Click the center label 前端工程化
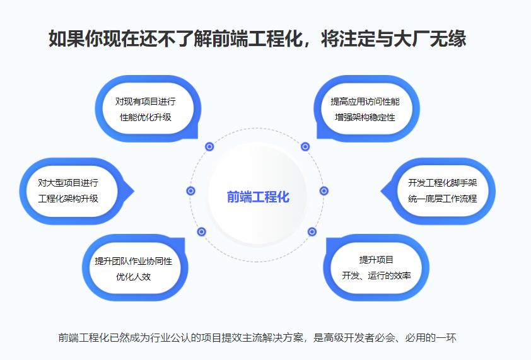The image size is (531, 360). point(258,197)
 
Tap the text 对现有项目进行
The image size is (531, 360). point(145,102)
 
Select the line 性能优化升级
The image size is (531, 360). point(146,117)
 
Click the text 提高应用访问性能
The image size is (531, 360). point(365,102)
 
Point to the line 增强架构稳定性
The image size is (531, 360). point(365,117)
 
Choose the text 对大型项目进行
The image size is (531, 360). point(68,183)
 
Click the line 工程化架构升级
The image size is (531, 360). point(68,199)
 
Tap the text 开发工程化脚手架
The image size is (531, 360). point(442,183)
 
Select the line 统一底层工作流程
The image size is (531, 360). point(442,199)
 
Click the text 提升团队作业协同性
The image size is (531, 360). point(134,261)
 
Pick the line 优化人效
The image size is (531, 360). point(134,277)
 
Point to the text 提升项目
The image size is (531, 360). point(376,260)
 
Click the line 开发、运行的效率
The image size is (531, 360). point(376,276)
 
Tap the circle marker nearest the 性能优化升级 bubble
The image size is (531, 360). point(209,147)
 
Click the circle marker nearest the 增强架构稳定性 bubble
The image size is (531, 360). point(305,147)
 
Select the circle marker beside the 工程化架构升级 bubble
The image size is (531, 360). point(191,191)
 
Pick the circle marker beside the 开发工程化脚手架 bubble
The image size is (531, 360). point(324,191)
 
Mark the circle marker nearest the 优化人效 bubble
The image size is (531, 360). point(202,231)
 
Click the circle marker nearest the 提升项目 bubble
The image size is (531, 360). point(312,231)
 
